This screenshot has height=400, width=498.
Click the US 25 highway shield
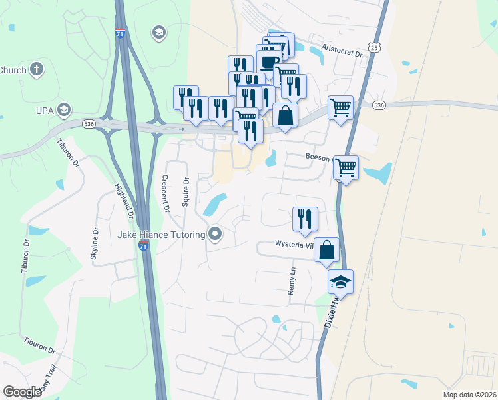tap(376, 47)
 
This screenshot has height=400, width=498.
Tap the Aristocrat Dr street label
tap(341, 50)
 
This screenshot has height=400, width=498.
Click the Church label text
tap(12, 69)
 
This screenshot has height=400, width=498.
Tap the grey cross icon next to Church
tap(37, 69)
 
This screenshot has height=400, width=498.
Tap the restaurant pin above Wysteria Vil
tap(305, 218)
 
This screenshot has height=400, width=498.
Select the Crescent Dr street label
tap(165, 193)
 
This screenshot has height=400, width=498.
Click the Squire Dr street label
tap(186, 193)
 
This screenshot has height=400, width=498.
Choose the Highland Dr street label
tap(124, 202)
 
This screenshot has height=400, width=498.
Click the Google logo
tap(22, 392)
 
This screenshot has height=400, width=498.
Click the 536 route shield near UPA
tap(89, 124)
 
